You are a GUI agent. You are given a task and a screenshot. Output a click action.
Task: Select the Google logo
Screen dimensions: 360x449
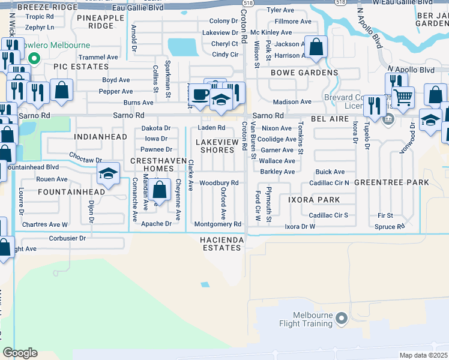(20, 352)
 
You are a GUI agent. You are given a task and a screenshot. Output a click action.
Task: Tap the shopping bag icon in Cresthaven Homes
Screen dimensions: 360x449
(160, 190)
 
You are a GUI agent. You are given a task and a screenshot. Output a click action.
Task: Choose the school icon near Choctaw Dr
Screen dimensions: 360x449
(109, 173)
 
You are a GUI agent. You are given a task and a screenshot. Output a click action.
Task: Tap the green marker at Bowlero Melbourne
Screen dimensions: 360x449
(34, 59)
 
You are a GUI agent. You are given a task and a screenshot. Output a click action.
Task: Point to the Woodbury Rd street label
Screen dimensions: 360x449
(219, 182)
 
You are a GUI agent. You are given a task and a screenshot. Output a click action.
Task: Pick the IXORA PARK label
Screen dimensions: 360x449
(313, 200)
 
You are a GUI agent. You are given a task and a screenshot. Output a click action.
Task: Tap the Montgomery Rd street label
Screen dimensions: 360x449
(217, 224)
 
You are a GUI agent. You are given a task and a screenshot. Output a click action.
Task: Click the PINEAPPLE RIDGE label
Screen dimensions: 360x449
(101, 22)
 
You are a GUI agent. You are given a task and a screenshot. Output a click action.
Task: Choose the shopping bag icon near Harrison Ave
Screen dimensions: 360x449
(316, 46)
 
